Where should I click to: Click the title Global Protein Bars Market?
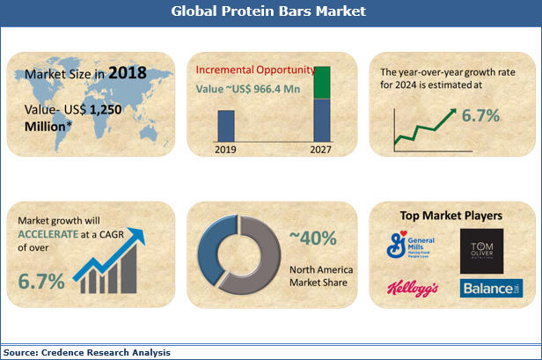tap(269, 12)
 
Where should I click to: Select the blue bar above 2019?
tap(226, 126)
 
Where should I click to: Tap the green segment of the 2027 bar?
tap(323, 82)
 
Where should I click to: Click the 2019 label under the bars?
tap(226, 149)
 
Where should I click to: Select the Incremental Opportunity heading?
tap(255, 69)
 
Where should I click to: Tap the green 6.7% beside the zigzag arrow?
tap(481, 116)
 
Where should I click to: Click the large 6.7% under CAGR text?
tap(40, 282)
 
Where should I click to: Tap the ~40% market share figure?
tap(313, 238)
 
